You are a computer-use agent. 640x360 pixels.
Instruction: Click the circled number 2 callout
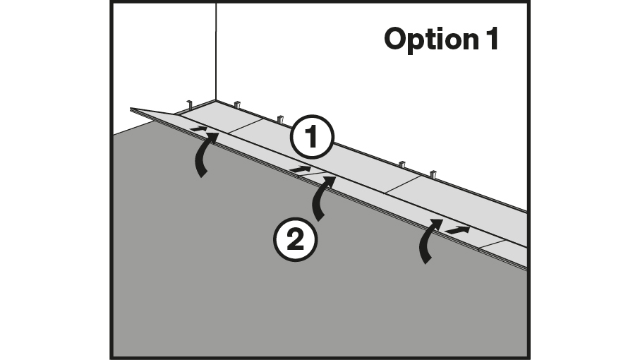[295, 239]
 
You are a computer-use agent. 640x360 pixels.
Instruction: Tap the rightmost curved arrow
[429, 241]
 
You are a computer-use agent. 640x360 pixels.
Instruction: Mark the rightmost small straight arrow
[457, 229]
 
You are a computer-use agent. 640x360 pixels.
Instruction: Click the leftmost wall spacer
[190, 106]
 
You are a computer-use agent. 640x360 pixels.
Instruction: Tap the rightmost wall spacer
[434, 174]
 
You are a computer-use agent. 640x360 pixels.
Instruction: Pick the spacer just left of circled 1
[280, 119]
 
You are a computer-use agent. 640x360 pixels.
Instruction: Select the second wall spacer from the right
[401, 165]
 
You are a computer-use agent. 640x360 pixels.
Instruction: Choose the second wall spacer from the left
[237, 106]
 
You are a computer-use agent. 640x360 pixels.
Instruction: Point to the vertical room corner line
[216, 53]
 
